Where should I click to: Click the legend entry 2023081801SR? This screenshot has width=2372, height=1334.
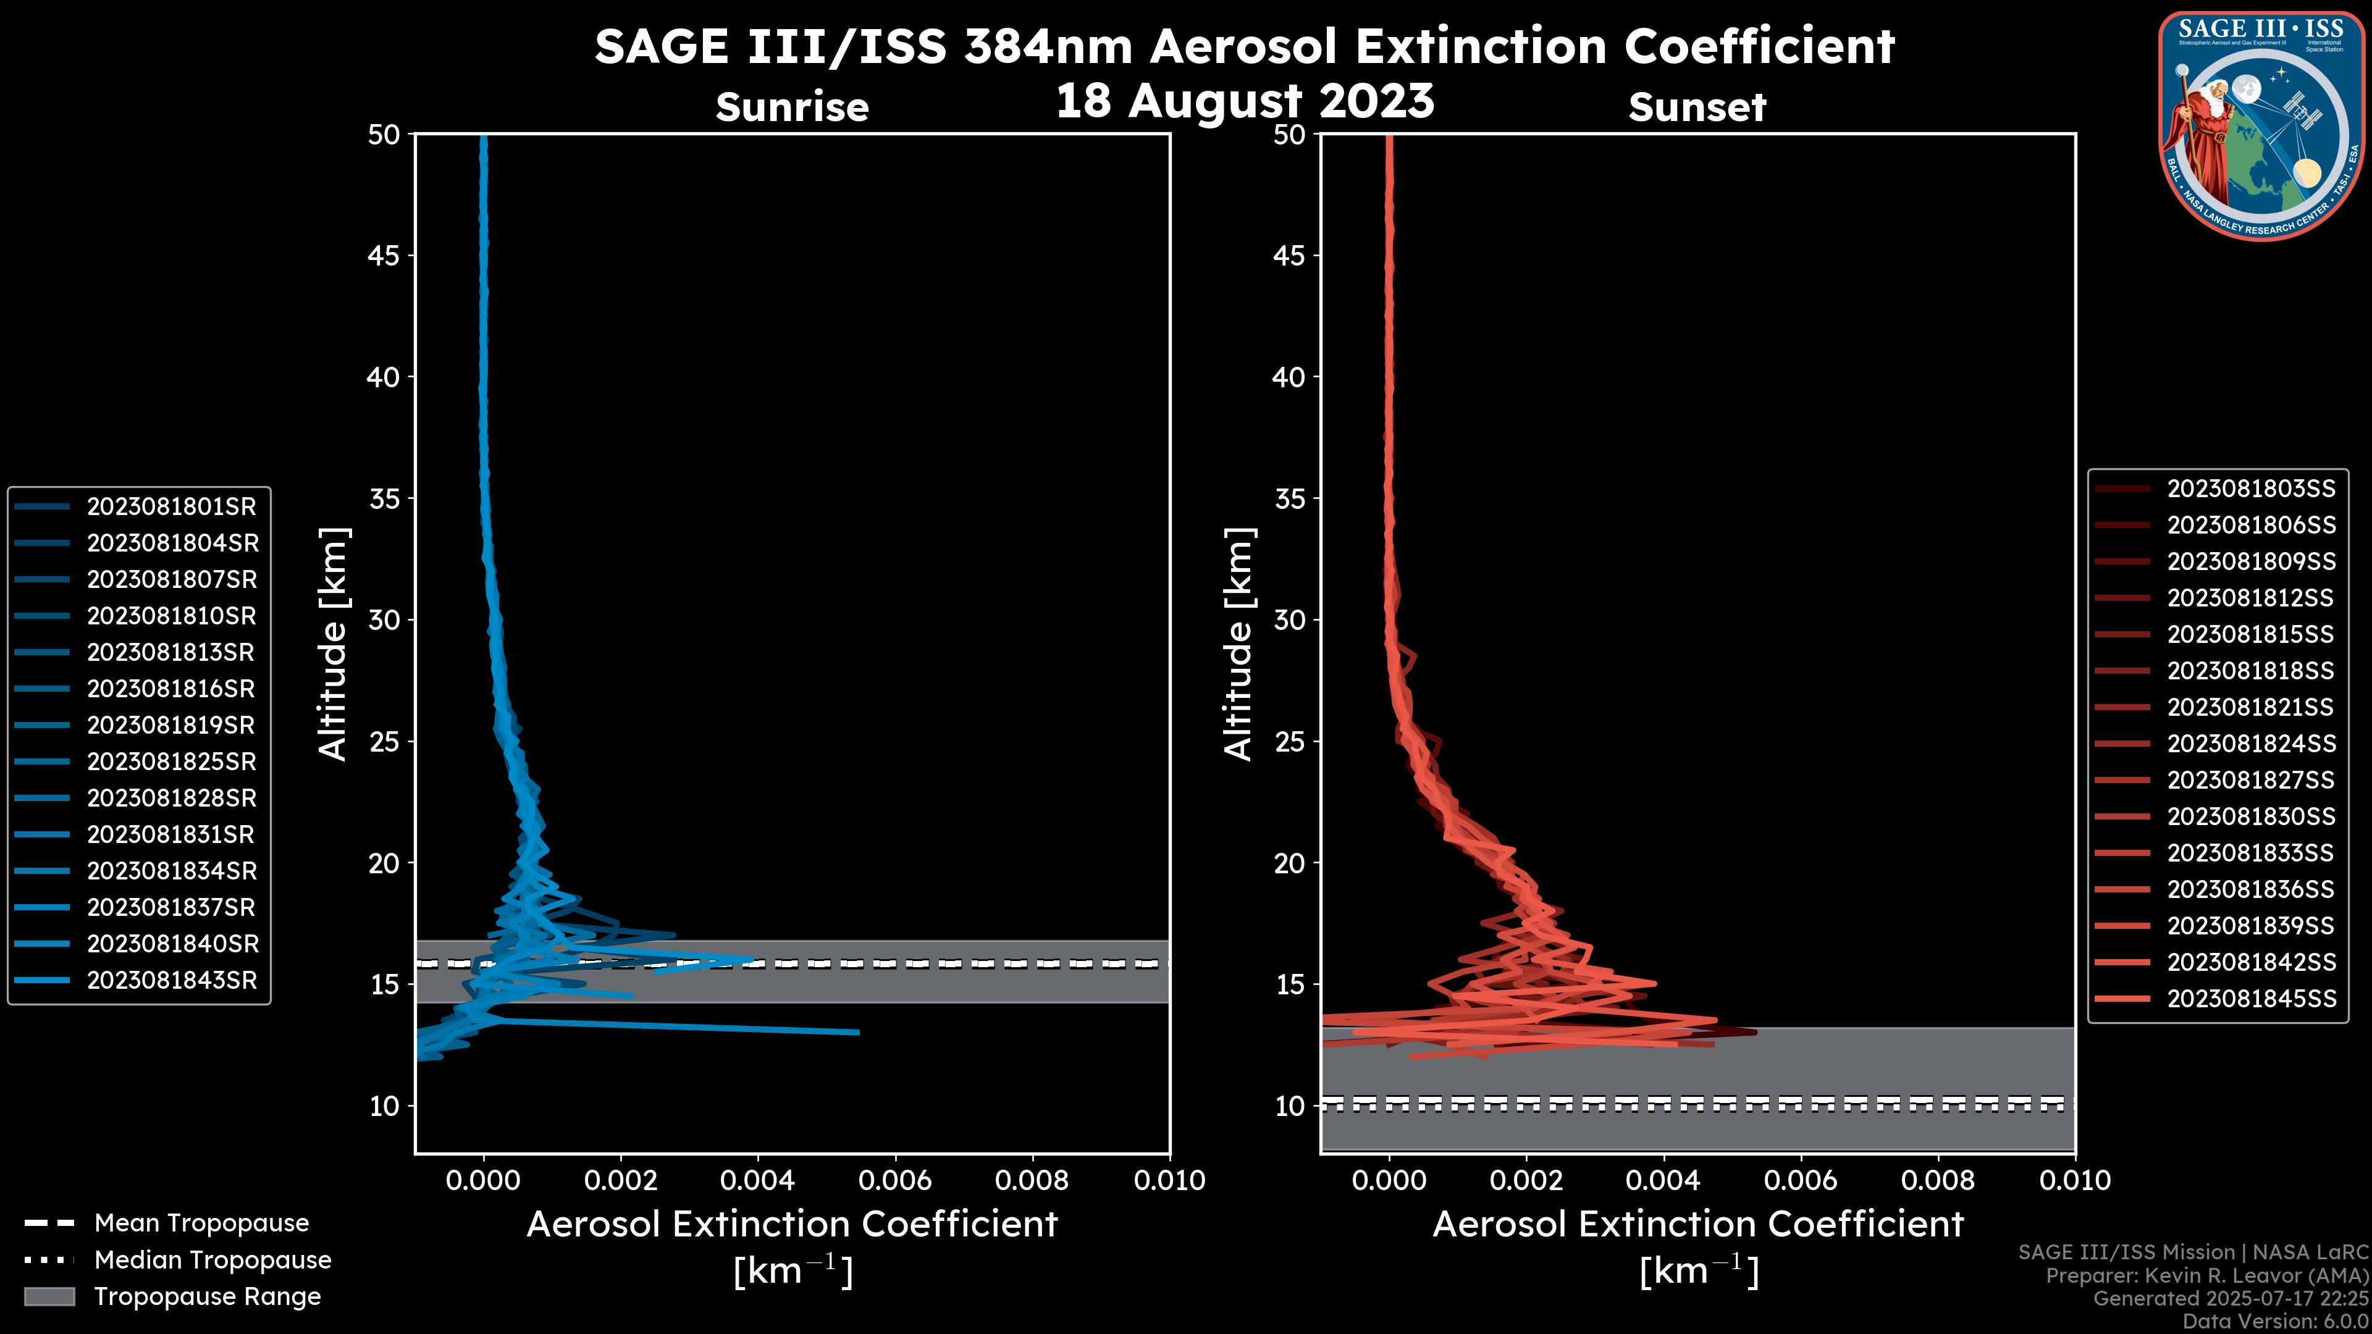(171, 506)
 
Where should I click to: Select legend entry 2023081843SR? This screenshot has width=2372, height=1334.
(171, 981)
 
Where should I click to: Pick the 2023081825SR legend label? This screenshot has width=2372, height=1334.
(171, 761)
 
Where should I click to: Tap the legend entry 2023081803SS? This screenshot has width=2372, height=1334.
(2250, 489)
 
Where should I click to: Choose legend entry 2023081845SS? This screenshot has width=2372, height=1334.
(2250, 999)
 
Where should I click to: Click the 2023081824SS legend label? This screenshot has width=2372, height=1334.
(2250, 744)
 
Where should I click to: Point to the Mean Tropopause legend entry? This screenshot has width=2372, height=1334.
(201, 1223)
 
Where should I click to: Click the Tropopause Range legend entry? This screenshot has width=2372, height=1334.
(207, 1296)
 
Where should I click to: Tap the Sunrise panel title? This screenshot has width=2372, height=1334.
(792, 107)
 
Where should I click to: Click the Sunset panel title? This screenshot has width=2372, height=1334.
(1697, 107)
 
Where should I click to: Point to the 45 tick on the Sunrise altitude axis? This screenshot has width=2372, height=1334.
(385, 256)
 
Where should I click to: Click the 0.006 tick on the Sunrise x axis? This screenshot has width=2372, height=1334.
(895, 1180)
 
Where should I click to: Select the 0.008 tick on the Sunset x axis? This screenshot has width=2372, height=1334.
(1938, 1180)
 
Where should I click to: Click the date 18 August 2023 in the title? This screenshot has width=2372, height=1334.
(1245, 101)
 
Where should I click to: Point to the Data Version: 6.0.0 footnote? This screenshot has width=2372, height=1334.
(2276, 1322)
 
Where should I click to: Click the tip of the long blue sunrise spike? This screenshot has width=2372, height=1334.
(858, 1032)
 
